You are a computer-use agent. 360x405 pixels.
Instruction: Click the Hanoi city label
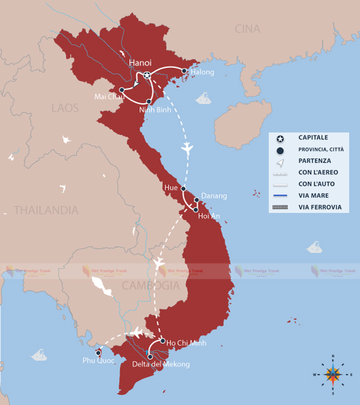coord(140,62)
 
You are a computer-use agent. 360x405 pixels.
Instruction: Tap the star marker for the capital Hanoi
coord(147,75)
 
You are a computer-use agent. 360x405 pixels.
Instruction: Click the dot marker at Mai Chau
coord(122,90)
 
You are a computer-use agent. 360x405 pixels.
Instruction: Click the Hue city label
coord(170,188)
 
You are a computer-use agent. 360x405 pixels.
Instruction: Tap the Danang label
coord(214,196)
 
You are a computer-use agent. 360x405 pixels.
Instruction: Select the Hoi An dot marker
coord(196,209)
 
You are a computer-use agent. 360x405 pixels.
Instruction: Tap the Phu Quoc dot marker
coord(98,352)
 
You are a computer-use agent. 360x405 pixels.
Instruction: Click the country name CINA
coord(247,29)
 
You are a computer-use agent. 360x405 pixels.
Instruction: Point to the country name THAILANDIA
coord(46,210)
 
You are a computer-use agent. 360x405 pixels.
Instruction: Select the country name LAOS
coord(65,108)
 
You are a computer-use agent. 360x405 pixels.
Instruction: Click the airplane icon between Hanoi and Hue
coord(186,148)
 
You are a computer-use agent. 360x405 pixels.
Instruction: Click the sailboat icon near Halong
coord(203,98)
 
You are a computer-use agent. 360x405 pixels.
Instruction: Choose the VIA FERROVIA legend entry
coord(319,207)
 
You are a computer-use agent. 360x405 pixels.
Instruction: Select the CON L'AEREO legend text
coord(318,172)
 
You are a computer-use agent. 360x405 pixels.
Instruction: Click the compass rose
coord(333,374)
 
